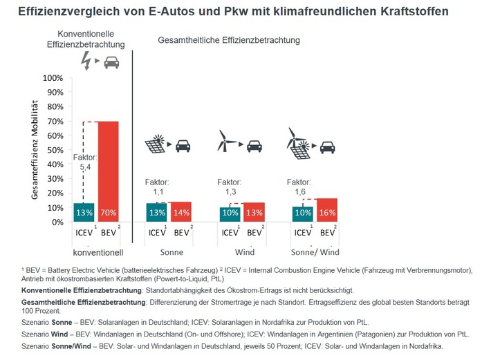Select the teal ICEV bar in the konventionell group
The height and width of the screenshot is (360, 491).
pos(84,212)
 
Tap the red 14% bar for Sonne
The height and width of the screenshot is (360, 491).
pos(180,212)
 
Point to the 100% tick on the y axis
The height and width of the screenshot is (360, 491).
pos(53,77)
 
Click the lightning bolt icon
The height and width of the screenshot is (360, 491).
pos(86,62)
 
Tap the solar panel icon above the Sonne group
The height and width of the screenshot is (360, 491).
pos(155,145)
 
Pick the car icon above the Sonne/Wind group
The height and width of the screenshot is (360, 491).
pos(328,146)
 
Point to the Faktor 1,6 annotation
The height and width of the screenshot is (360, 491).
pos(299,187)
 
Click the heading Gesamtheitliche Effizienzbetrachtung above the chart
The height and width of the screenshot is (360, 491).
pos(229,41)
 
